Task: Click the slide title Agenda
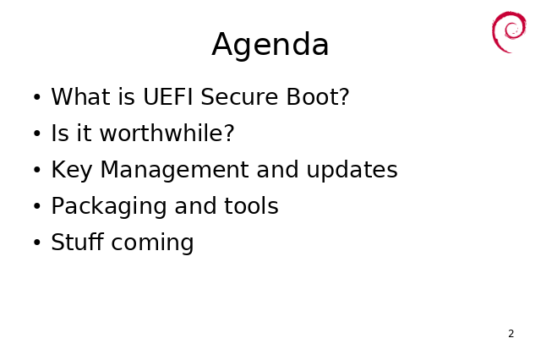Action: (270, 45)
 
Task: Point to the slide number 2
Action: (511, 334)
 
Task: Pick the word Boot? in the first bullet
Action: (318, 96)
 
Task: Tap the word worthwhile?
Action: (167, 134)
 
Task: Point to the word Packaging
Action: (109, 206)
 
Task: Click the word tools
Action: (251, 206)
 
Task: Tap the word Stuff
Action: (77, 242)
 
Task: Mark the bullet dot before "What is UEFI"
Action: (37, 97)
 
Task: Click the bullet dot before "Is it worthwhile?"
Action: (37, 134)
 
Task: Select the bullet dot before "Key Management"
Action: (37, 171)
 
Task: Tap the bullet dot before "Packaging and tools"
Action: (37, 207)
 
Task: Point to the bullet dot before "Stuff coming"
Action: (37, 243)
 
